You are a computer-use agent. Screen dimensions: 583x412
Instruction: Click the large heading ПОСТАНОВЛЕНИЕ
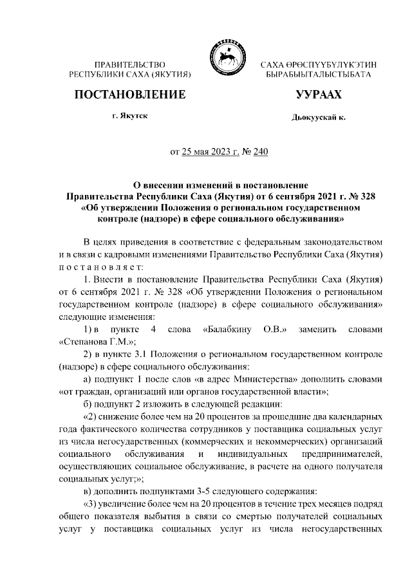pyautogui.click(x=130, y=95)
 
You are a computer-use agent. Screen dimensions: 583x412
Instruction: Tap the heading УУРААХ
pyautogui.click(x=318, y=95)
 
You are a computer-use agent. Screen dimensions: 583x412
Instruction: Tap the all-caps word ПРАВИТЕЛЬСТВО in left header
pyautogui.click(x=130, y=65)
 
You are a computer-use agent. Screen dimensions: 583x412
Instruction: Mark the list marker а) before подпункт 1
pyautogui.click(x=89, y=379)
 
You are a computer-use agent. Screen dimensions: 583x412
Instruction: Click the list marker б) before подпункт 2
pyautogui.click(x=89, y=404)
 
